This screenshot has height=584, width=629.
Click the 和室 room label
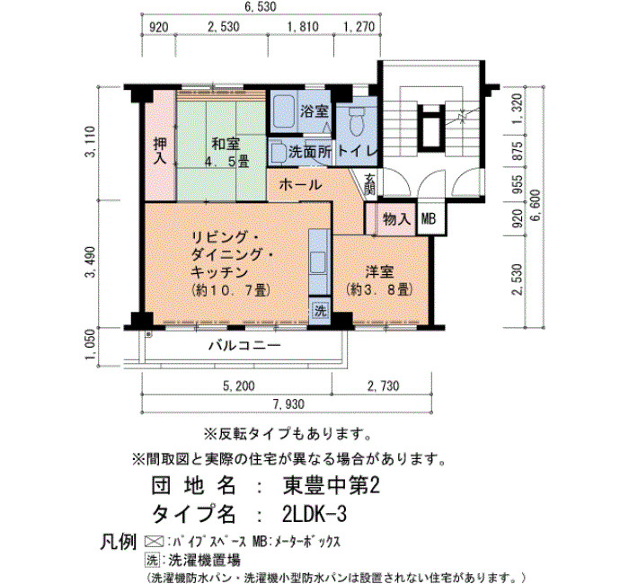[x=226, y=144]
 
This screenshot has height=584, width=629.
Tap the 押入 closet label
[x=160, y=151]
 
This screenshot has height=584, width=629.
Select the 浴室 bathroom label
[x=314, y=111]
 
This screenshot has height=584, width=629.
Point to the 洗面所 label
[x=311, y=152]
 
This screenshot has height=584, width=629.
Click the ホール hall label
[x=300, y=185]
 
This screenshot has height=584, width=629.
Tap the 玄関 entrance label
[x=369, y=184]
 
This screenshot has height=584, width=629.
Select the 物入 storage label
[x=397, y=219]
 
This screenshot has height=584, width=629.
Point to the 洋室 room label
[x=379, y=272]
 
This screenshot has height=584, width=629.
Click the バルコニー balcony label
[x=244, y=345]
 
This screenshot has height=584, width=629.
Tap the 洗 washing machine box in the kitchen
[x=320, y=311]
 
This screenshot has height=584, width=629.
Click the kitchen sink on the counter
[x=319, y=262]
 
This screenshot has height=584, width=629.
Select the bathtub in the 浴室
[x=283, y=111]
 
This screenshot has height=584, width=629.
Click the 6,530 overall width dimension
[x=261, y=6]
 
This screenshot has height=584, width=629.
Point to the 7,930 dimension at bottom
[x=288, y=404]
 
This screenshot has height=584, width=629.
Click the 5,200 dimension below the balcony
[x=238, y=385]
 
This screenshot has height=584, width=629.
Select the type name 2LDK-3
[x=314, y=514]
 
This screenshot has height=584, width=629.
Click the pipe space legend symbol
[x=154, y=542]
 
